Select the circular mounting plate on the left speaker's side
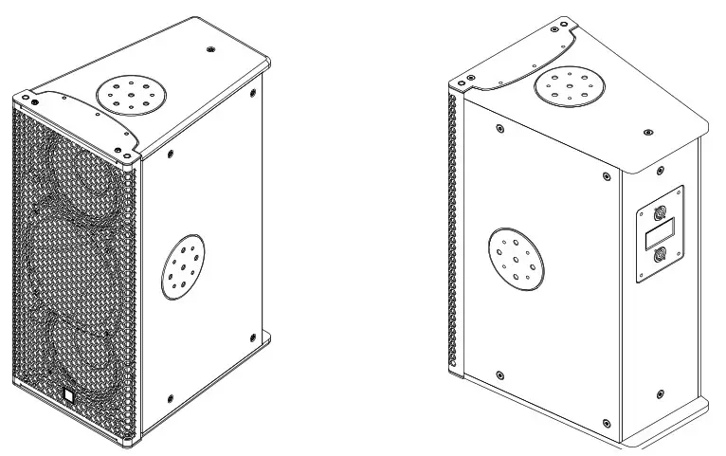[186, 267]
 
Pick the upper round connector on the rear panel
[660, 211]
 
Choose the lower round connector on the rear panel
[660, 253]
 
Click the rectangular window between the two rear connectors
[660, 232]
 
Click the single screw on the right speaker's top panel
[648, 132]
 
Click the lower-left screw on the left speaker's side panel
[169, 399]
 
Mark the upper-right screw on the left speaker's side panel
[253, 93]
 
